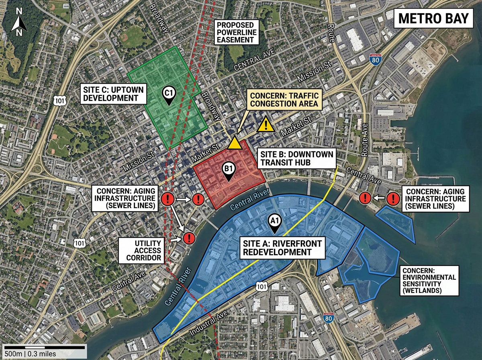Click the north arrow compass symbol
click(x=19, y=23)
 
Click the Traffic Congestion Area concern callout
click(x=285, y=100)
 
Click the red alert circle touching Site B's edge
click(x=198, y=198)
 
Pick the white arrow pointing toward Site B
click(x=183, y=198)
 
